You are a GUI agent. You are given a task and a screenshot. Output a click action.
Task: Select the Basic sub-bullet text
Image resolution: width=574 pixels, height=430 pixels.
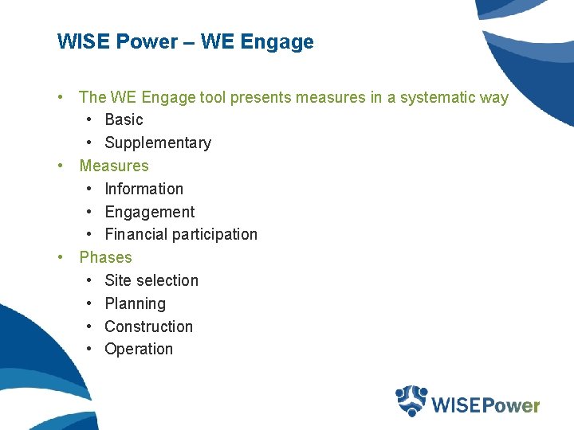click(x=124, y=119)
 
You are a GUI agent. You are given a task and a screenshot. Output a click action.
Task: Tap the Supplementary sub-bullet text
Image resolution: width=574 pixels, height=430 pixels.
click(x=158, y=143)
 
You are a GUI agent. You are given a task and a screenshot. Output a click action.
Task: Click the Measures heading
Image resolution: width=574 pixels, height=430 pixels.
click(x=114, y=166)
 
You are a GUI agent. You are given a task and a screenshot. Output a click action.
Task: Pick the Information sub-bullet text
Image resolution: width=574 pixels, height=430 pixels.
click(x=143, y=189)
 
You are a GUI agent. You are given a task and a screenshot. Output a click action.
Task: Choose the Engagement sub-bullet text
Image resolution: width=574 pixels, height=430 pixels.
click(x=149, y=212)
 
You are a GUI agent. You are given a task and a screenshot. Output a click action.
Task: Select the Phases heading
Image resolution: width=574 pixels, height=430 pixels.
click(x=105, y=257)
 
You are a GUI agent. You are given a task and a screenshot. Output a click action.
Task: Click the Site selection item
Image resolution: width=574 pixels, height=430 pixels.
click(x=151, y=280)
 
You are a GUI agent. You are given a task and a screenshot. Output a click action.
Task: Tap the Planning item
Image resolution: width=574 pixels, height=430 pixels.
click(x=135, y=303)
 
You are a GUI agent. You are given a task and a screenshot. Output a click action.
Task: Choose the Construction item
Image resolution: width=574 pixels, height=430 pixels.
click(x=148, y=326)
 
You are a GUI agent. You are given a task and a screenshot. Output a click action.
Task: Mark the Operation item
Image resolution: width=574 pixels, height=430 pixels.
click(x=139, y=349)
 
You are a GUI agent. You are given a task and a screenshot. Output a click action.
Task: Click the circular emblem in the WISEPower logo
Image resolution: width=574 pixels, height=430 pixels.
click(x=411, y=401)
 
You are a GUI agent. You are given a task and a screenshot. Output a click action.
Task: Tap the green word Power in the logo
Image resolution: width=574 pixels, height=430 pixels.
click(x=511, y=405)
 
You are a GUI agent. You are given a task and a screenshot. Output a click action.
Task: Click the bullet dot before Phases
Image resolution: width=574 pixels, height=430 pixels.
click(x=61, y=257)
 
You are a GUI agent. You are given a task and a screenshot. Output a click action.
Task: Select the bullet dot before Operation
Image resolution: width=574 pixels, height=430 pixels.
click(x=90, y=349)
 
